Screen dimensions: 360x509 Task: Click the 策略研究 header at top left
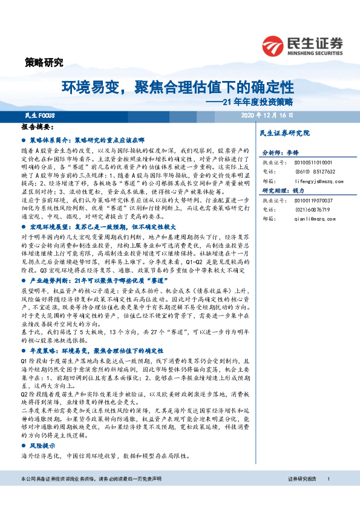coord(44,62)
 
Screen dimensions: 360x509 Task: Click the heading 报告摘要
coord(38,128)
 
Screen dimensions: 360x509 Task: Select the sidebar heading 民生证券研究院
coord(284,132)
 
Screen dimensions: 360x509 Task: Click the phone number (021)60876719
coord(309,209)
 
